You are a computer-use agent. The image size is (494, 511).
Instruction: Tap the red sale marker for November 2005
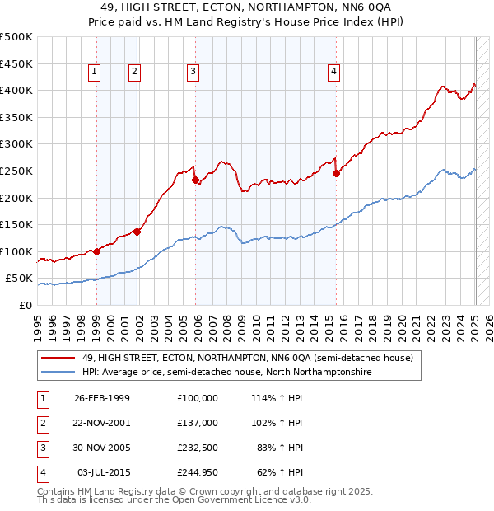coord(195,180)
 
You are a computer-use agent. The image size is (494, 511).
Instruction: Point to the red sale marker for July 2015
coord(336,173)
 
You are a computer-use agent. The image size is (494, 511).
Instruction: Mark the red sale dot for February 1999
coord(96,251)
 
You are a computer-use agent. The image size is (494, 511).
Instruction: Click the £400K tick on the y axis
coord(16,90)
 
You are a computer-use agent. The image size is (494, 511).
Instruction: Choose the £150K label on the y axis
coord(16,224)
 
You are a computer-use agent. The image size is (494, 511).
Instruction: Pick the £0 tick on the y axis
coord(26,305)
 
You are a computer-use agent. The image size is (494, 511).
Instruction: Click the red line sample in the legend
coord(58,358)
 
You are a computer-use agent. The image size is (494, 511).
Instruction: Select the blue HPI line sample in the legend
coord(58,373)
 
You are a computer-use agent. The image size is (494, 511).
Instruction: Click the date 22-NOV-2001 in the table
coord(102,423)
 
